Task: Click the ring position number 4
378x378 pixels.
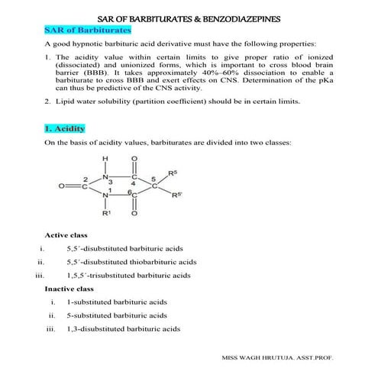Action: [x=134, y=184]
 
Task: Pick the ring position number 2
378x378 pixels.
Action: [x=86, y=179]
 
